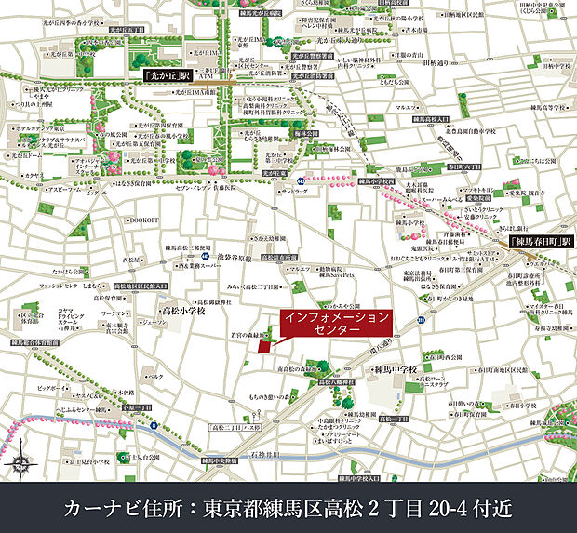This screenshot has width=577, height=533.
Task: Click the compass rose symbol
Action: tap(20, 463)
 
